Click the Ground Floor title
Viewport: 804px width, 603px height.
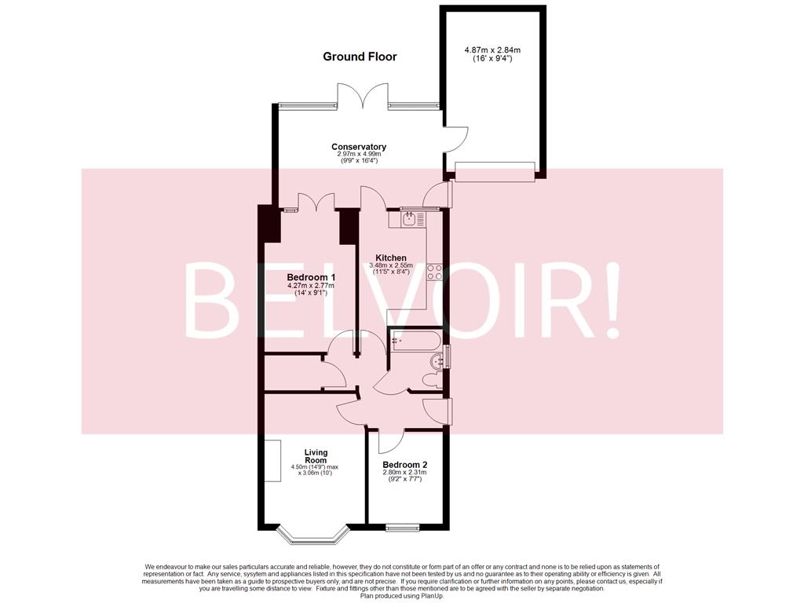pos(360,57)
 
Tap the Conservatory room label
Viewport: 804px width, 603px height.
pos(359,147)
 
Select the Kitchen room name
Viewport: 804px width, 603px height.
pos(390,258)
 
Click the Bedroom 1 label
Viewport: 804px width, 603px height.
pos(311,278)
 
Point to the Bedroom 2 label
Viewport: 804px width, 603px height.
pos(404,465)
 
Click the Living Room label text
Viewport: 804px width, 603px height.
pos(316,456)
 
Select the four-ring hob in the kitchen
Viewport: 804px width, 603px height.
pos(434,272)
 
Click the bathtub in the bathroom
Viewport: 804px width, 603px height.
pos(416,342)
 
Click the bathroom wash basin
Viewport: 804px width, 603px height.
pos(437,359)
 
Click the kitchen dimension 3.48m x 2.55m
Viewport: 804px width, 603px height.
pos(390,265)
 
